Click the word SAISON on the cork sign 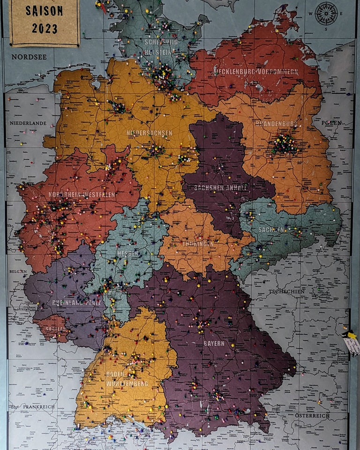coord(45,11)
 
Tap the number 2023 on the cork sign coord(45,28)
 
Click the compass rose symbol coord(326,13)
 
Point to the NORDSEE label coord(29,57)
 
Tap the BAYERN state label coord(214,343)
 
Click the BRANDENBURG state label coord(277,124)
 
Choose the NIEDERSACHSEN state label coord(149,133)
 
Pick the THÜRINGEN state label coord(198,244)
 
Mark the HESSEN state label coord(128,253)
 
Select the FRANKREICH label coord(38,407)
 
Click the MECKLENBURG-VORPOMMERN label coord(256,72)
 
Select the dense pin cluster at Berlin coord(285,144)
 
